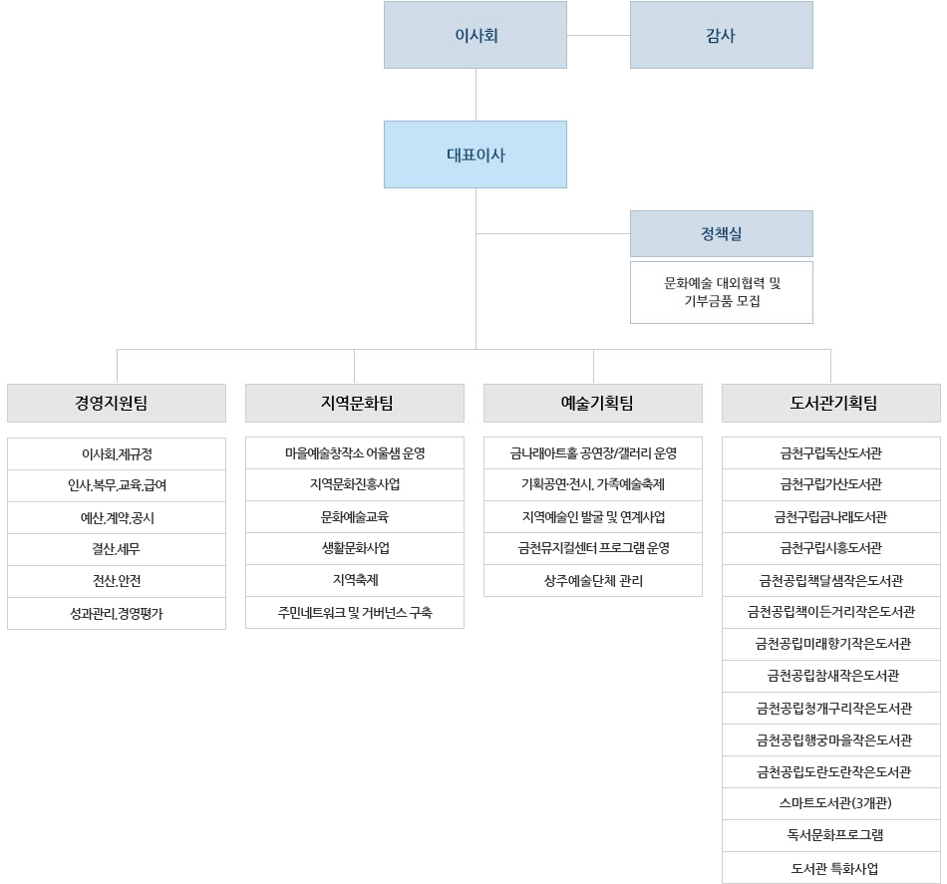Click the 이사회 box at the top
click(x=475, y=35)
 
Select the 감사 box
click(x=721, y=35)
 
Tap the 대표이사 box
click(x=475, y=154)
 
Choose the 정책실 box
click(x=721, y=233)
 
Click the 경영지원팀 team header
click(x=117, y=403)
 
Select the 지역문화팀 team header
click(x=355, y=403)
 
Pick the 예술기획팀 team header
click(x=593, y=403)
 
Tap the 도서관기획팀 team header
click(x=831, y=403)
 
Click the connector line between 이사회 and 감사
click(x=598, y=35)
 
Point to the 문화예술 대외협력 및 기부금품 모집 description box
click(x=721, y=292)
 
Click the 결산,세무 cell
click(x=117, y=549)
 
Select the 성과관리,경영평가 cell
click(x=117, y=614)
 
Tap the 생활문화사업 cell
click(x=355, y=548)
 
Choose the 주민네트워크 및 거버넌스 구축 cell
click(x=355, y=612)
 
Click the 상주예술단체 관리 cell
click(x=593, y=581)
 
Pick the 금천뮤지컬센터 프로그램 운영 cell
click(x=593, y=548)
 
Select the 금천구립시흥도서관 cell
click(x=831, y=548)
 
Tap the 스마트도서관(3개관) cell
click(x=831, y=803)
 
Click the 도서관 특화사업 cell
click(x=831, y=868)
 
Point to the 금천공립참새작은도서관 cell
click(x=831, y=676)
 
